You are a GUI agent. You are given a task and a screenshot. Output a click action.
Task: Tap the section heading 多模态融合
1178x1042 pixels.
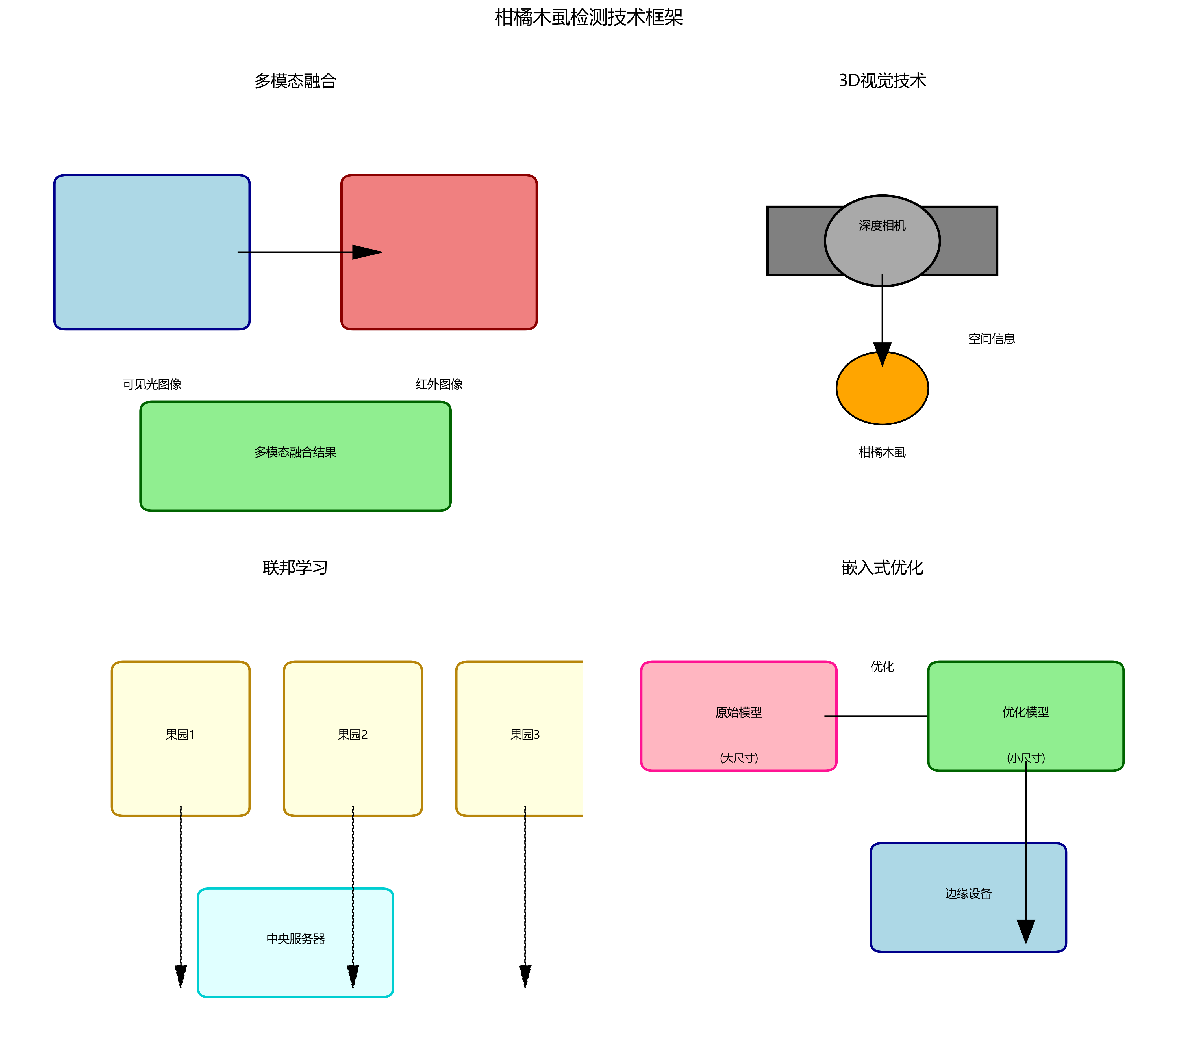[295, 81]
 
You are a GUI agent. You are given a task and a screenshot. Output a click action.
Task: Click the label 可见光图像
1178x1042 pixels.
[152, 384]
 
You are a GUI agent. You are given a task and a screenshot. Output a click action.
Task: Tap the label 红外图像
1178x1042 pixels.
[439, 384]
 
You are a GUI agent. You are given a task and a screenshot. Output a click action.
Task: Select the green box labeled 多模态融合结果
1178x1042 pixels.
[295, 456]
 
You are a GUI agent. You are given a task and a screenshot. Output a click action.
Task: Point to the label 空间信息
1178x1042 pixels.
[991, 339]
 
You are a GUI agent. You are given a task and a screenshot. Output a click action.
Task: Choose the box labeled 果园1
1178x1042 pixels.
[181, 738]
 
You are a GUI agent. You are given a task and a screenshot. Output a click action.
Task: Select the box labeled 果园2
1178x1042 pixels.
[353, 738]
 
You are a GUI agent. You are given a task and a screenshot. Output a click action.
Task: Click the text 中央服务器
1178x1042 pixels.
[295, 939]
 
